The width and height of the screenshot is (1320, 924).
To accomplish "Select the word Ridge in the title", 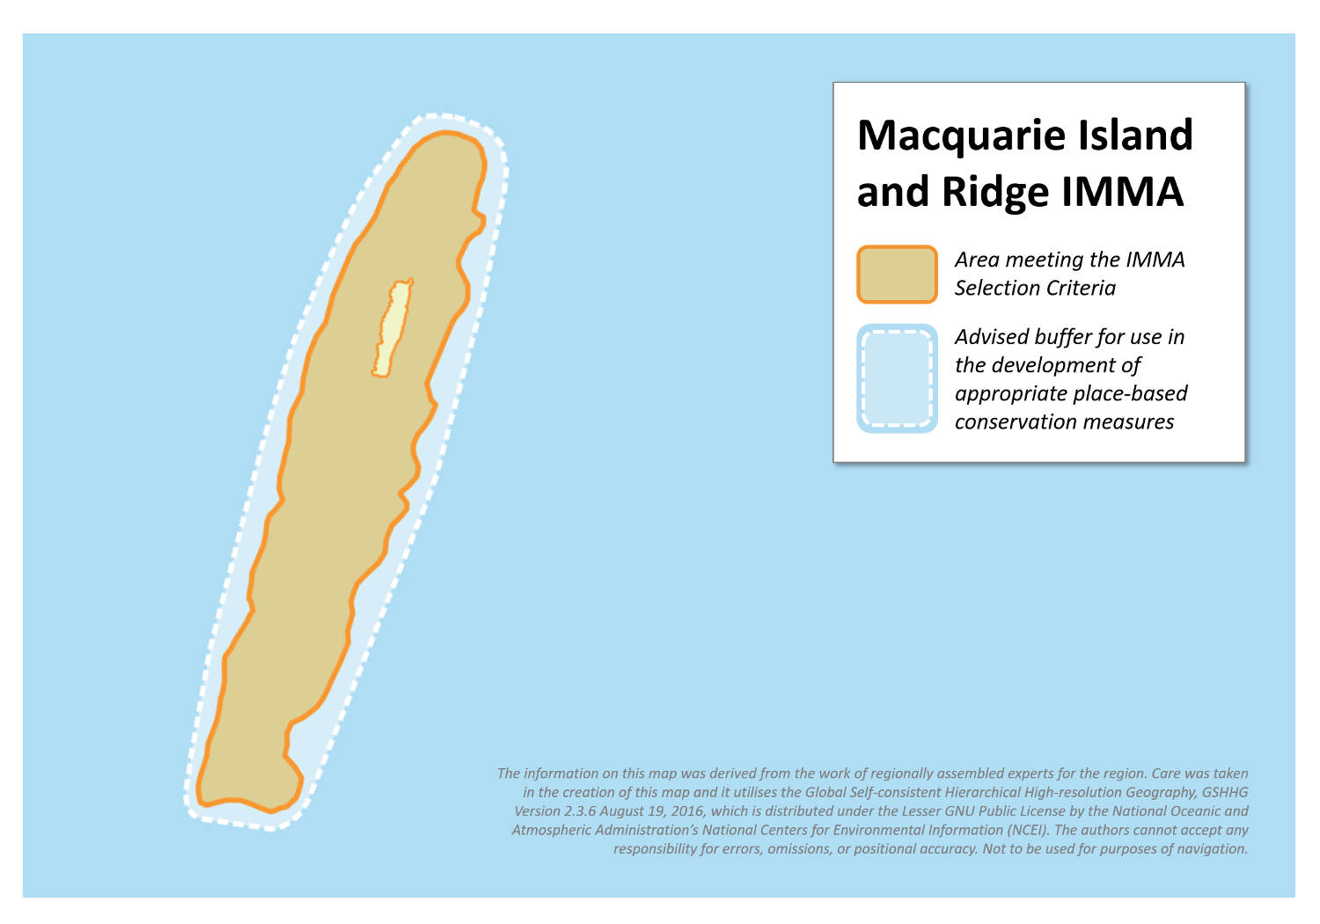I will tap(995, 192).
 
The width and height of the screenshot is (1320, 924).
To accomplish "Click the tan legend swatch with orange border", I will tap(897, 275).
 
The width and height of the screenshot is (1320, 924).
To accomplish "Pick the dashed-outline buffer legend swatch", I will tap(897, 378).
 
